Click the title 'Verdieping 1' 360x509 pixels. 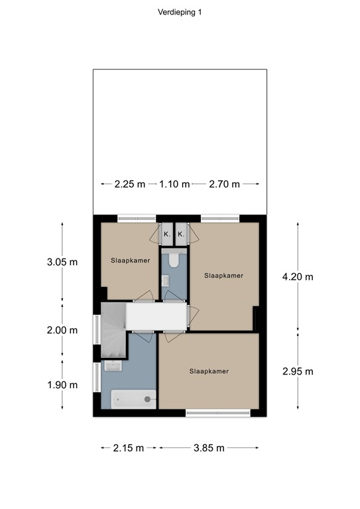pos(180,12)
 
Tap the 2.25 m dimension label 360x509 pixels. pos(129,184)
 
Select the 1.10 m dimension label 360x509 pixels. pos(174,184)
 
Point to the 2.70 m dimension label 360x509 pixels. pos(224,184)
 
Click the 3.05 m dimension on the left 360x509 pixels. pos(62,262)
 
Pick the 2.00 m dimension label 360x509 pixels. pos(62,330)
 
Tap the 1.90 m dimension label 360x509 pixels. pos(62,384)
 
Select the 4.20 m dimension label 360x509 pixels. pos(298,277)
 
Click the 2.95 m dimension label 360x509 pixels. pos(298,371)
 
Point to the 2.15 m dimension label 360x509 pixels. pos(129,448)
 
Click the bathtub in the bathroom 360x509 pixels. pos(133,399)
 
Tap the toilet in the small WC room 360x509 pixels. pos(174,260)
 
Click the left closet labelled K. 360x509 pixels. pos(167,235)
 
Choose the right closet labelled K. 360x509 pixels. pos(181,235)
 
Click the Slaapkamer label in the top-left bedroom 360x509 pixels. pos(130,260)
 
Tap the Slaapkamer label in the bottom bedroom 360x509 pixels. pos(208,371)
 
